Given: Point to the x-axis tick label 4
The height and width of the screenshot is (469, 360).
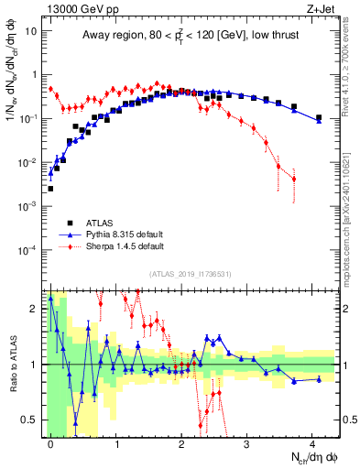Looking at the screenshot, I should tap(312, 443).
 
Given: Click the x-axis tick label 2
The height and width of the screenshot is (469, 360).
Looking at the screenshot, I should tap(181, 443).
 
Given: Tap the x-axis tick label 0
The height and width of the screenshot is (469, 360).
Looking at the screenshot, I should tap(50, 443).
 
